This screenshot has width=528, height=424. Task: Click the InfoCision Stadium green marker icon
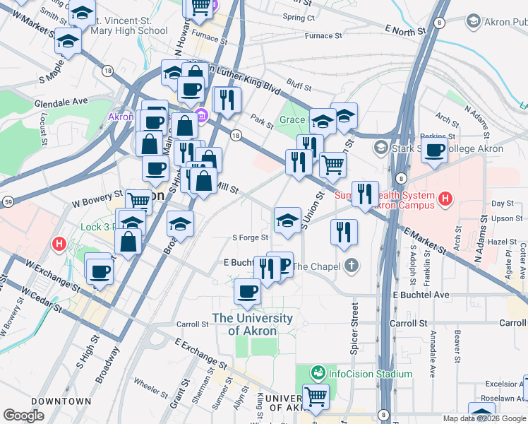318,372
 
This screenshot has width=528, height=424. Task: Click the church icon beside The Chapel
351,266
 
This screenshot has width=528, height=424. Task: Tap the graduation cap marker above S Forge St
287,220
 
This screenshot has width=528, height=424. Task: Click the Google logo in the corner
23,415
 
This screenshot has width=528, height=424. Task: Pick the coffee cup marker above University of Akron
247,291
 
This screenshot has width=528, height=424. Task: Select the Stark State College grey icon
381,148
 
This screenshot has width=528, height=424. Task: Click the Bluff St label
299,86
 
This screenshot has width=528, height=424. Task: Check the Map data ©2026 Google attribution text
484,418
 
